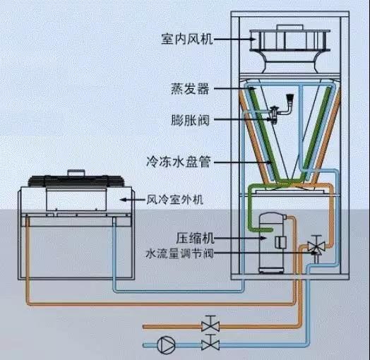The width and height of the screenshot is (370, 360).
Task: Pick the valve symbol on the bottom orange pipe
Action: (x=209, y=326)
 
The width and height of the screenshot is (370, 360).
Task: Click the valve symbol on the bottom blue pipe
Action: (x=209, y=344)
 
